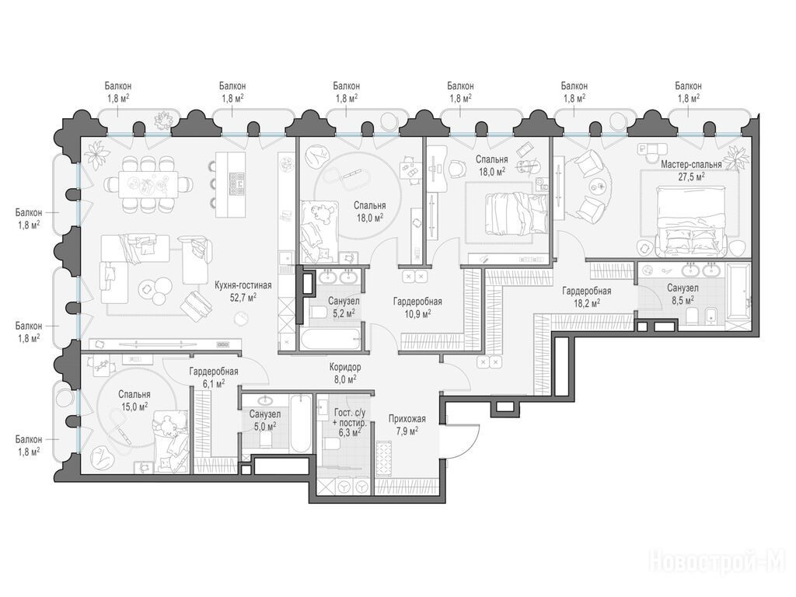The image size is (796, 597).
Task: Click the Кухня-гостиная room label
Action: pyautogui.click(x=243, y=285)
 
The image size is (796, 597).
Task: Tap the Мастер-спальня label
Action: pyautogui.click(x=691, y=165)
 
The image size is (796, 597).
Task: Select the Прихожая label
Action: pyautogui.click(x=407, y=419)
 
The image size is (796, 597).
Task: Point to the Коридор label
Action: pyautogui.click(x=345, y=367)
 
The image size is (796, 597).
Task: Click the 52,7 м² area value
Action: pyautogui.click(x=243, y=298)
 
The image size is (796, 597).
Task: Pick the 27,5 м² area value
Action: pyautogui.click(x=691, y=177)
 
